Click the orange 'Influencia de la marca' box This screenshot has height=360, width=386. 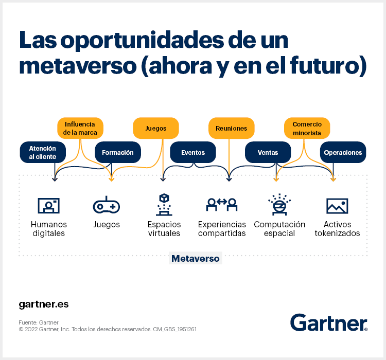(80, 128)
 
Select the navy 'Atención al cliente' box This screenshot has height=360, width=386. (43, 152)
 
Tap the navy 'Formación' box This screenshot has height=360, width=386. (117, 152)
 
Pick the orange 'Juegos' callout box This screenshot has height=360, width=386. (155, 128)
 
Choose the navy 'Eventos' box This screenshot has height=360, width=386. (193, 152)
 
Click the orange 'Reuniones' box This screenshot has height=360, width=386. (231, 128)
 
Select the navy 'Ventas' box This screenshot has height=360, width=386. (268, 152)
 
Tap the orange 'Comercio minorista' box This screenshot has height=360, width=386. (307, 128)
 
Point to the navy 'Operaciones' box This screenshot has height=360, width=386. (343, 152)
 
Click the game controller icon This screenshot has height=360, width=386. (107, 205)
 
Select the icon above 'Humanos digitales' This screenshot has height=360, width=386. (49, 205)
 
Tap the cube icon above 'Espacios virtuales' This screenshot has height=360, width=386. (164, 204)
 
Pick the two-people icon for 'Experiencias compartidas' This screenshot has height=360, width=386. (221, 205)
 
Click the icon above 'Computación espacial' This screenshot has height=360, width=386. (279, 204)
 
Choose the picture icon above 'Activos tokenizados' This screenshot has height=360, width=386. (337, 206)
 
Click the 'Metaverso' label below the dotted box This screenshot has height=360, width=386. (195, 259)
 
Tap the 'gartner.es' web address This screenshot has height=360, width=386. (43, 304)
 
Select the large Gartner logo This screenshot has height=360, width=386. (328, 322)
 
